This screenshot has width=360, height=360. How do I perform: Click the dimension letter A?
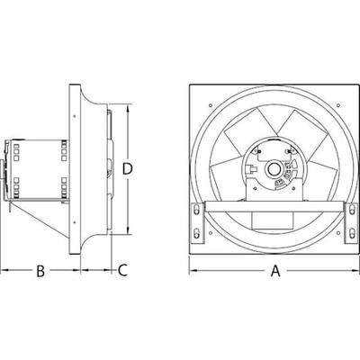tap(275, 270)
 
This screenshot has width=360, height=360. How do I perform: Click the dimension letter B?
tap(40, 271)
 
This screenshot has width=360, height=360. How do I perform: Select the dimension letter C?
tap(122, 270)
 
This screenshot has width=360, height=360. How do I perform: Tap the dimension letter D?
tap(128, 169)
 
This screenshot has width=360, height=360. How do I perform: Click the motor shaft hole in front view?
tap(274, 169)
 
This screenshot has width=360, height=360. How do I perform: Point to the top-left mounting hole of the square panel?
tap(211, 105)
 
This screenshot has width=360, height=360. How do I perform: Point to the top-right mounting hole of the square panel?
tap(338, 105)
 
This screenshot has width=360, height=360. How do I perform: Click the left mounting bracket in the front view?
tap(198, 223)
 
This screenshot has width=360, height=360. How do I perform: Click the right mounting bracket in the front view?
tap(351, 223)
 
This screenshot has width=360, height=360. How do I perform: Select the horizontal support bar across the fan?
tap(274, 207)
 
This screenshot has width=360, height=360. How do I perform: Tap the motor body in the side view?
tap(38, 169)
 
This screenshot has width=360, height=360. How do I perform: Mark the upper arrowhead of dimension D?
tap(129, 108)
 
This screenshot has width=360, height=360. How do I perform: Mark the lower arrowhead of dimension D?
tap(129, 230)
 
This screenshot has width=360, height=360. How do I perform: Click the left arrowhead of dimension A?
tap(193, 271)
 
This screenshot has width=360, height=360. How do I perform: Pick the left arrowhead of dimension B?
tap(4, 271)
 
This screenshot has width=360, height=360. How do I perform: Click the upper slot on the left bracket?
tap(196, 209)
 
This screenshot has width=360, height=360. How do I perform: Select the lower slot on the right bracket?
tap(352, 233)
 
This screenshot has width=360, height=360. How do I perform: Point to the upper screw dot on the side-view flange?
tap(74, 116)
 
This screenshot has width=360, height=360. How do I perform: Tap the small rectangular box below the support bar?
tap(273, 220)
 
